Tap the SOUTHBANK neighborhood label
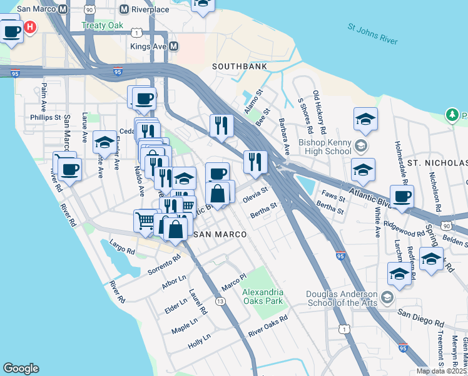(x=239, y=66)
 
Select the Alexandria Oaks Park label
(x=263, y=296)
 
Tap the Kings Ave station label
(x=149, y=46)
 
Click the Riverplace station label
(x=149, y=10)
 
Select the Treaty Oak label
(x=98, y=26)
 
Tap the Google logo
(x=21, y=368)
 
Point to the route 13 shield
(x=220, y=301)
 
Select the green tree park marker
(x=452, y=115)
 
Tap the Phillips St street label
(x=45, y=117)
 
